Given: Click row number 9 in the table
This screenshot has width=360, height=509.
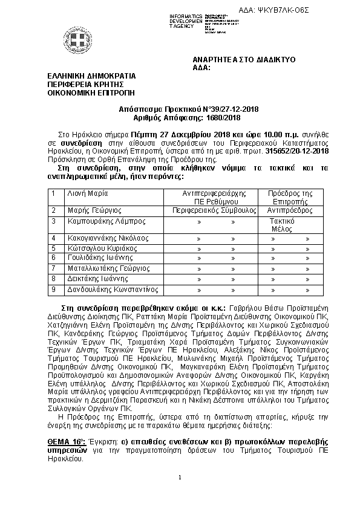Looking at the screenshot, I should (54, 290).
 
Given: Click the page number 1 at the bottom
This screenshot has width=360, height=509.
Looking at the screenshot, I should (180, 478).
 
